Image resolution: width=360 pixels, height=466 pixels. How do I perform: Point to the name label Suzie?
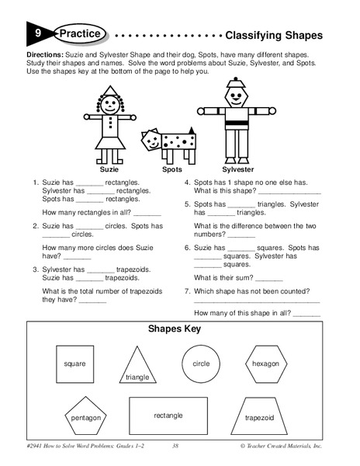[108, 168]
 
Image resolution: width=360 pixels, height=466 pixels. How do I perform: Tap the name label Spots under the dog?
[171, 168]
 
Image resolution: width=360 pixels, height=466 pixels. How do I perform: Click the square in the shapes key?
[75, 363]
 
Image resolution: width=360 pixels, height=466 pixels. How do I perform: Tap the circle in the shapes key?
[201, 363]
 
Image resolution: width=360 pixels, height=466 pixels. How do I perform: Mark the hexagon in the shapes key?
[265, 363]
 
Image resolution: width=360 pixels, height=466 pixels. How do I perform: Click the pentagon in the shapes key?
[86, 417]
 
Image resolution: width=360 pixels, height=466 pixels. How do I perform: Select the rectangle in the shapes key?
[168, 416]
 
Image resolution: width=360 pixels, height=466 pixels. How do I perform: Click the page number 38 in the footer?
[176, 446]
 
